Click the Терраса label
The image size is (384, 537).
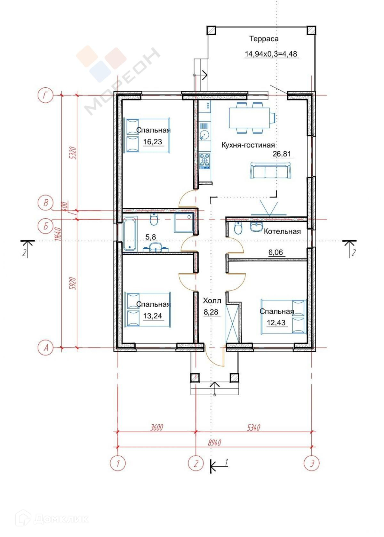(x=264, y=39)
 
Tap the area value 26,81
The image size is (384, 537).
(x=282, y=154)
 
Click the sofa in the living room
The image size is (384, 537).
(x=271, y=171)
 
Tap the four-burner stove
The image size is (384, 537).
(x=204, y=160)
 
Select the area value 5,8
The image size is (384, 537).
(x=151, y=237)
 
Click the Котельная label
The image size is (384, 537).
(x=282, y=231)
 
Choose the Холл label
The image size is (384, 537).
(x=212, y=301)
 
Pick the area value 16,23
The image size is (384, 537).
(x=153, y=142)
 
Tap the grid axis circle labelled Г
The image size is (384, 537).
(x=45, y=95)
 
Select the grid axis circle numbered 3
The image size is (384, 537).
(x=312, y=463)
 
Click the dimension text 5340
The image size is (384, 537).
(x=254, y=428)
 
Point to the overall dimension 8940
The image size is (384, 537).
(x=214, y=442)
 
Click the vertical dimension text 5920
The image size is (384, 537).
(x=73, y=284)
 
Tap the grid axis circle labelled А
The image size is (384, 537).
(x=45, y=348)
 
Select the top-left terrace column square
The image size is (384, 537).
(x=212, y=30)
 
